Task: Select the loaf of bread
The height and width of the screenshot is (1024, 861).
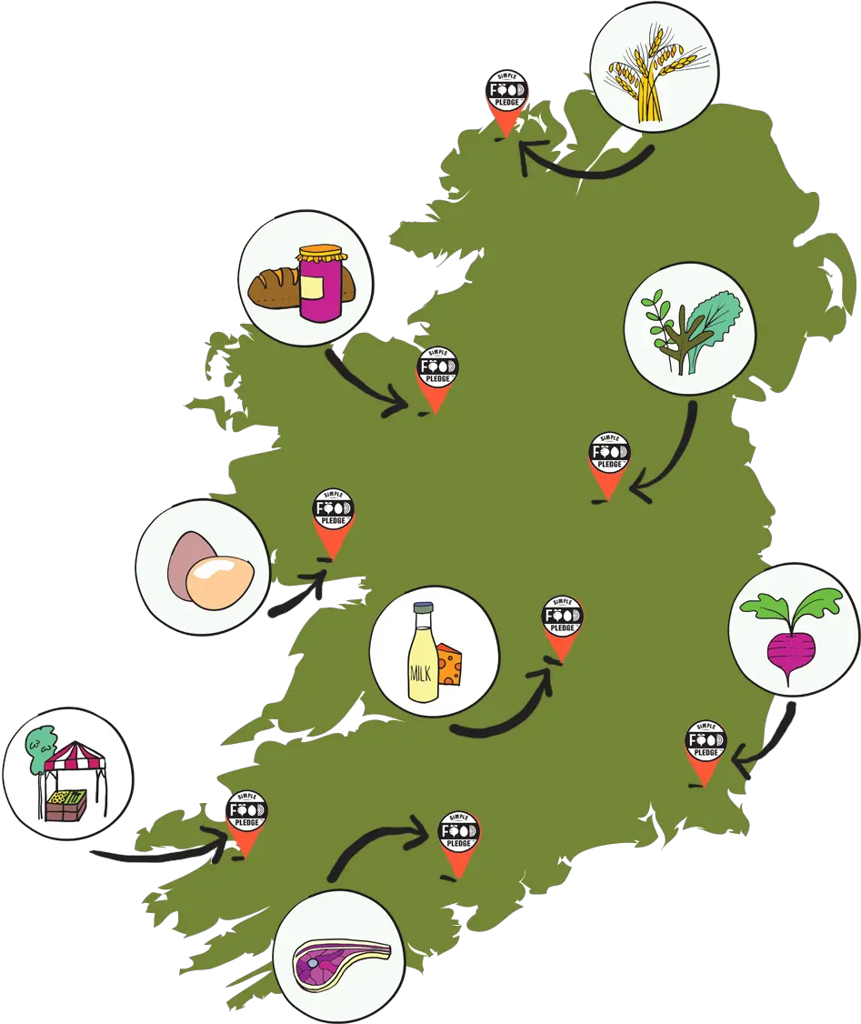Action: coord(274,287)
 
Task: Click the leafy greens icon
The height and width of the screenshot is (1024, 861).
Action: coord(691,329)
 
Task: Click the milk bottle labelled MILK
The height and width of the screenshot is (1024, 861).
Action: coord(423,652)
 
